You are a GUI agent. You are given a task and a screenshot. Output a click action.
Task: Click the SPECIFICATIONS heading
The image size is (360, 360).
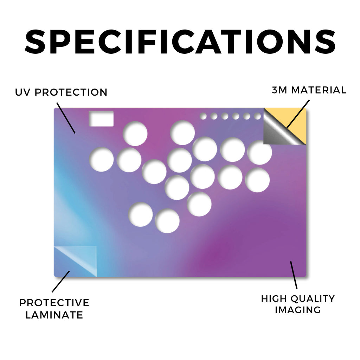point(180,41)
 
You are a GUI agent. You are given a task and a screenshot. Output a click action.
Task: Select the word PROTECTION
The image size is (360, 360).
point(71,92)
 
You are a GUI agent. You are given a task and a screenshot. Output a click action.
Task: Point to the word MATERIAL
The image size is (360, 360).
point(319,90)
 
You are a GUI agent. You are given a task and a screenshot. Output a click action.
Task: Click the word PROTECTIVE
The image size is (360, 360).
point(54,303)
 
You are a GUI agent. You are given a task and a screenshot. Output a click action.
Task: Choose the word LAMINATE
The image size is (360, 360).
point(54,315)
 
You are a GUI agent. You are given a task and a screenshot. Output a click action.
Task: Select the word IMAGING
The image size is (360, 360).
point(298,310)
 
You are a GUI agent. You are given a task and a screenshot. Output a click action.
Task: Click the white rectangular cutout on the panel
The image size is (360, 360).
point(101,118)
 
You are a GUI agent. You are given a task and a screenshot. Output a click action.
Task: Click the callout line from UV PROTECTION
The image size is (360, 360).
point(66,118)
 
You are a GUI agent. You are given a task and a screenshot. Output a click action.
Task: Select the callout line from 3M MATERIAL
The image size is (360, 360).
point(298,114)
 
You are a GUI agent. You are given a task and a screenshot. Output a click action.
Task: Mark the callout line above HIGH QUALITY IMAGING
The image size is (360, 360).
point(294,275)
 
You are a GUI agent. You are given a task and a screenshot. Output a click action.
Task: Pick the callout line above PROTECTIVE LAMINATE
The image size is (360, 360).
point(60,282)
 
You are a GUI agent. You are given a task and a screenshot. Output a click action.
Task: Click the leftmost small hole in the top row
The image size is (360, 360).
point(203,116)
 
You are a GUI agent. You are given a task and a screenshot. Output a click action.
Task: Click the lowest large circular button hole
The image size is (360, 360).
point(167,221)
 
